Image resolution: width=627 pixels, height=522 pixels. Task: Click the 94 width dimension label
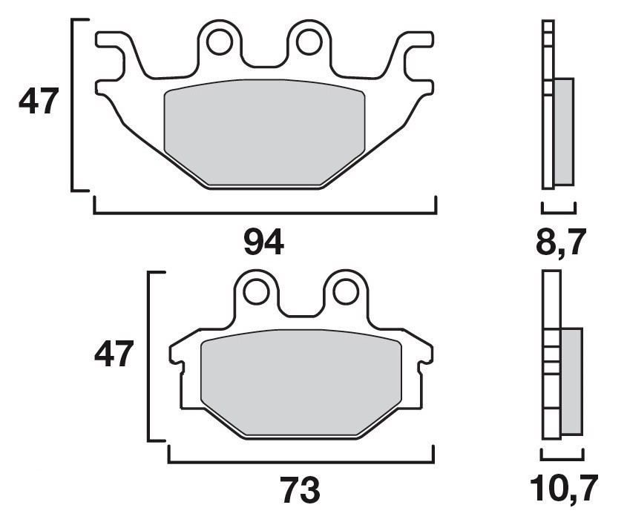click(264, 242)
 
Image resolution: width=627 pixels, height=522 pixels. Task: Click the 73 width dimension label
click(300, 490)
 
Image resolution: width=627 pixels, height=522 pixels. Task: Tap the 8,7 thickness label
click(561, 242)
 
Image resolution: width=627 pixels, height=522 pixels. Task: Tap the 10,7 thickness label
click(564, 488)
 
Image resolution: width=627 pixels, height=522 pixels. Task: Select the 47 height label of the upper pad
click(39, 101)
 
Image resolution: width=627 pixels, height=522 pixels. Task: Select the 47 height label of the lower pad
click(114, 354)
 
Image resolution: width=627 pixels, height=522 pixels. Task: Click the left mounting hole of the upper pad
click(220, 42)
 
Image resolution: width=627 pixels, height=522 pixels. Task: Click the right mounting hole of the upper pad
click(309, 42)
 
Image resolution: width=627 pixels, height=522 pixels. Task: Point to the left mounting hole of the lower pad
click(256, 292)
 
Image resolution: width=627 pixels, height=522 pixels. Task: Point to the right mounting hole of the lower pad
click(346, 292)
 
